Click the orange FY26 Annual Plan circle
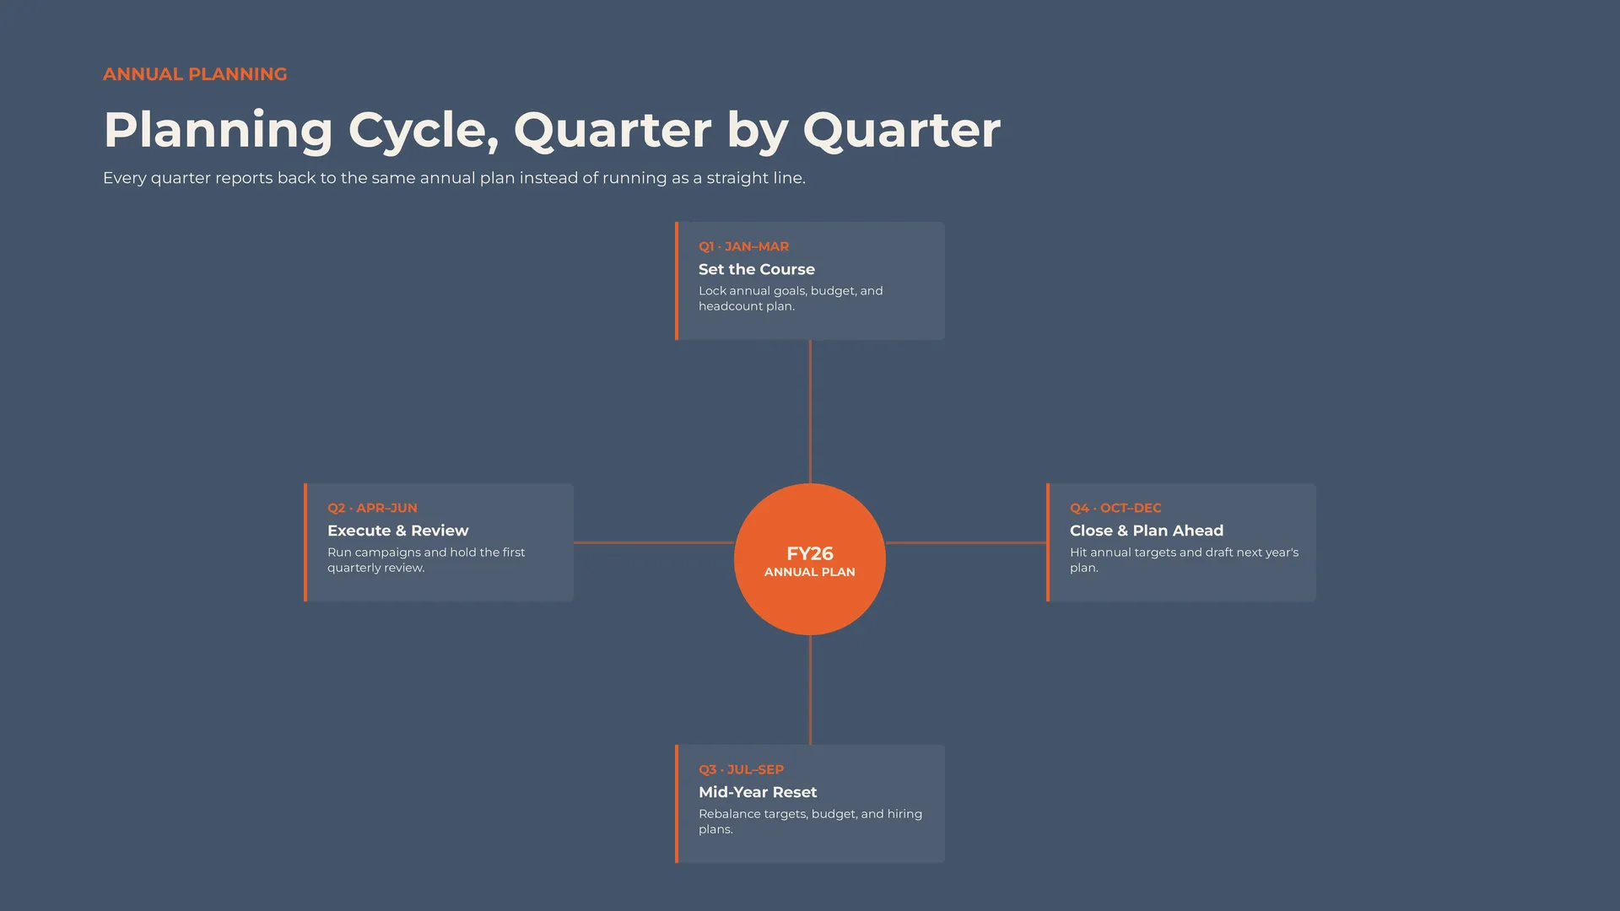click(810, 559)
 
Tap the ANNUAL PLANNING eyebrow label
click(195, 74)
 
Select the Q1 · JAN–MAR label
click(743, 246)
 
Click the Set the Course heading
click(757, 269)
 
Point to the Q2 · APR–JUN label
click(372, 508)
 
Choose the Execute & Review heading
click(397, 531)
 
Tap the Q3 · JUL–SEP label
click(741, 769)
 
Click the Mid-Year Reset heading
click(758, 792)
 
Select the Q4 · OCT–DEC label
click(1115, 508)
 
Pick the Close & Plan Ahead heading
click(1147, 531)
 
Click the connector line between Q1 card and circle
click(810, 412)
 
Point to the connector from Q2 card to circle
click(654, 542)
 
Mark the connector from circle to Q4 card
click(966, 542)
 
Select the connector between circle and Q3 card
click(810, 690)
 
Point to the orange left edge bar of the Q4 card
click(1048, 542)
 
